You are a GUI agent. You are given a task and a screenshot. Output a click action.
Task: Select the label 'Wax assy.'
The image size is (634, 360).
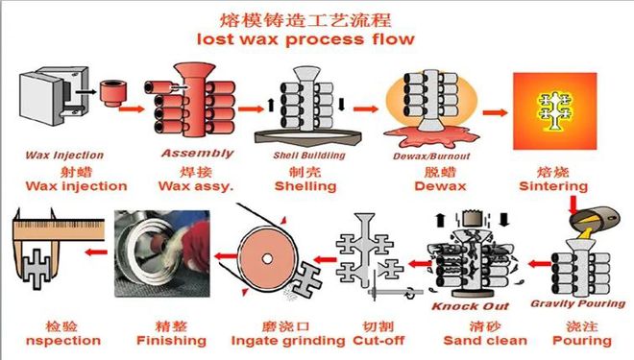click(x=197, y=186)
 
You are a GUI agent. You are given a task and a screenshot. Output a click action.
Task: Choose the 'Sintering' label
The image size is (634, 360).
click(x=553, y=186)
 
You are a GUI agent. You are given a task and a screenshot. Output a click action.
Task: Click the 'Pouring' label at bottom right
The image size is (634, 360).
click(x=582, y=340)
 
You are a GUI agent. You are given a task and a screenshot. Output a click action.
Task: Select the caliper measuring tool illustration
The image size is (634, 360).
click(x=46, y=254)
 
